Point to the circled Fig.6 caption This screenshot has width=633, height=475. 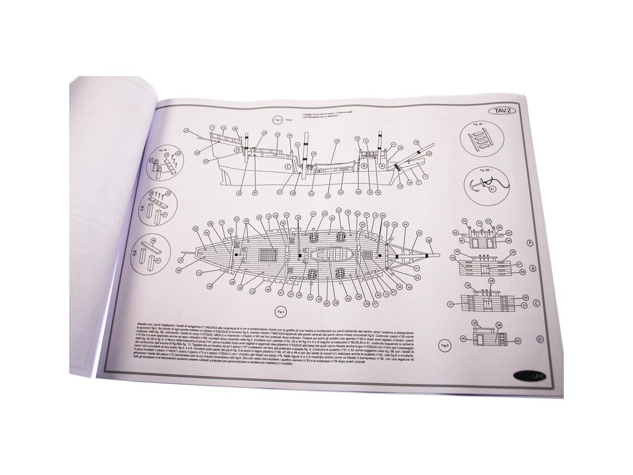coord(444,345)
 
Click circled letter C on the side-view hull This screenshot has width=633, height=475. coord(287,166)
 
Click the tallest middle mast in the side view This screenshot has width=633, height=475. coord(298,155)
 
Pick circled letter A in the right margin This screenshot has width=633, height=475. coord(529,243)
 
